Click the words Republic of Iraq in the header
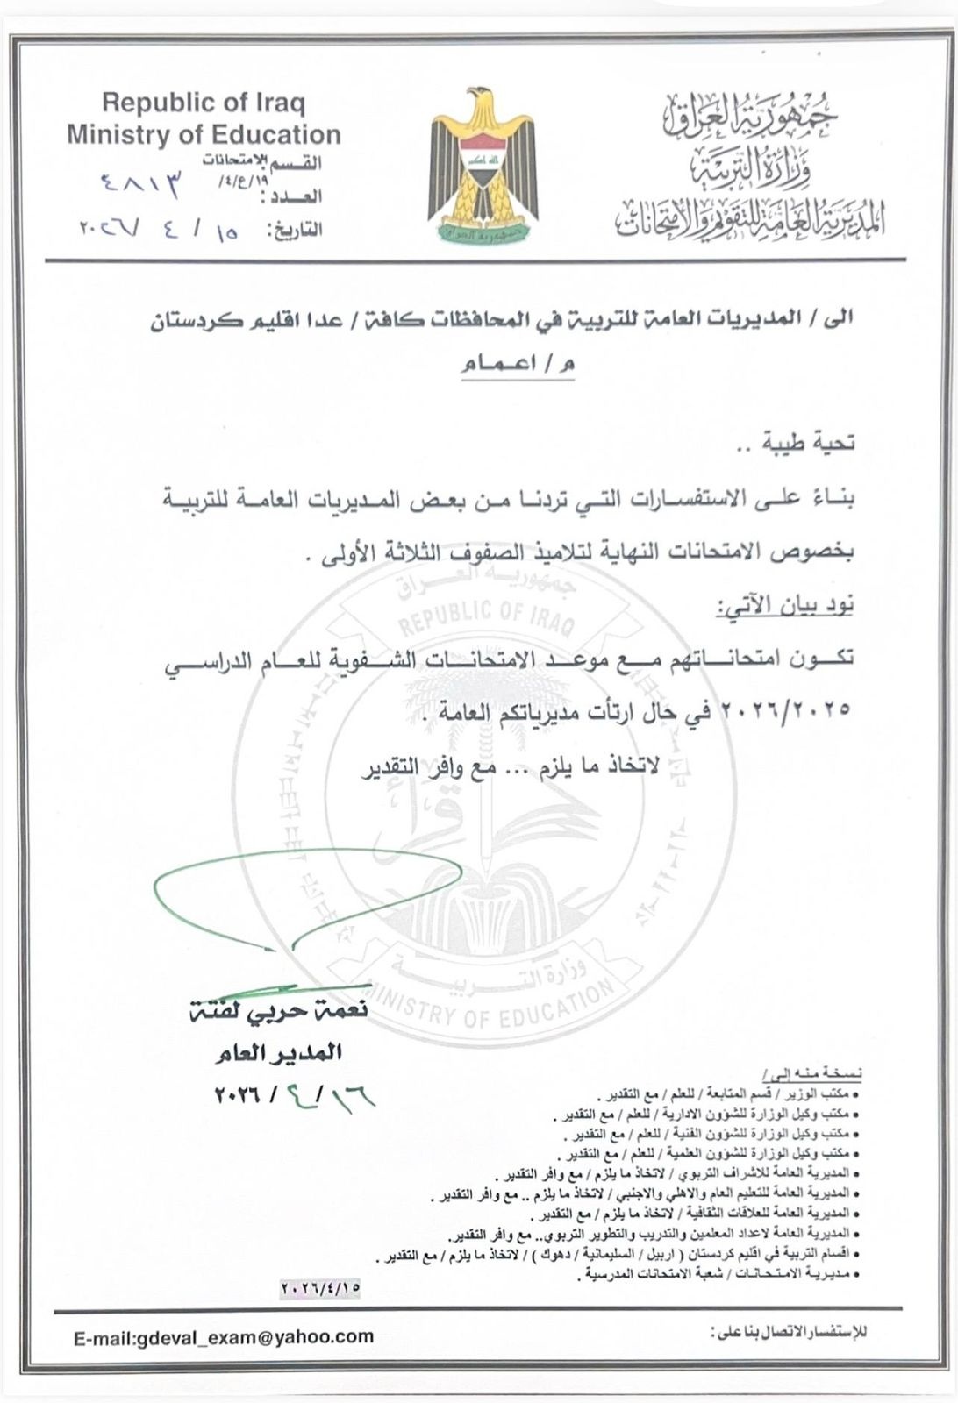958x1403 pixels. point(203,103)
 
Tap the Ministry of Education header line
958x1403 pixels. point(204,134)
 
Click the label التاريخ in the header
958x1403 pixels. point(295,230)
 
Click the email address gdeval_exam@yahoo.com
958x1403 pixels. point(224,1336)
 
